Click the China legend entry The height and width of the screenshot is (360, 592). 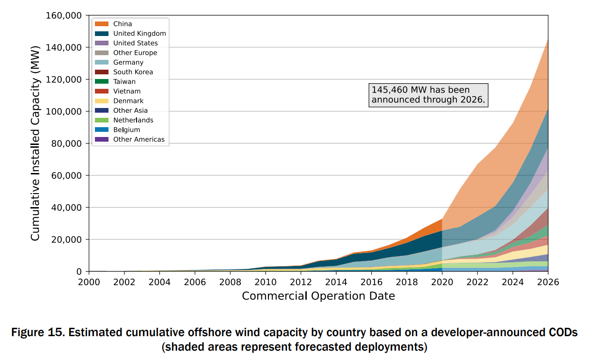click(123, 24)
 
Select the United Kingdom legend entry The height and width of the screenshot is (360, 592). click(139, 34)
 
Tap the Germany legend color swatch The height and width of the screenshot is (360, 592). click(101, 62)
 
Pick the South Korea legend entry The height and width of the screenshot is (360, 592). click(133, 72)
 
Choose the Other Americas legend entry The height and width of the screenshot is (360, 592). click(138, 139)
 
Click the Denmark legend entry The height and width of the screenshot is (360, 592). click(128, 101)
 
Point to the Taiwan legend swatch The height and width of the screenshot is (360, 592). click(101, 81)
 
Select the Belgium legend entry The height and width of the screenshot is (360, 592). click(126, 130)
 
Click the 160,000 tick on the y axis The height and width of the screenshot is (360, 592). click(65, 16)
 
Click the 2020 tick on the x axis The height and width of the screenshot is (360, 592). click(442, 282)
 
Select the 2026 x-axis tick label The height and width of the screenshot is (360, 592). click(548, 282)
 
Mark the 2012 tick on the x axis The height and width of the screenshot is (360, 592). click(301, 282)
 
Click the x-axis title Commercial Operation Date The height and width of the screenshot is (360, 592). click(318, 296)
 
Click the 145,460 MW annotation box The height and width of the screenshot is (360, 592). click(428, 95)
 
